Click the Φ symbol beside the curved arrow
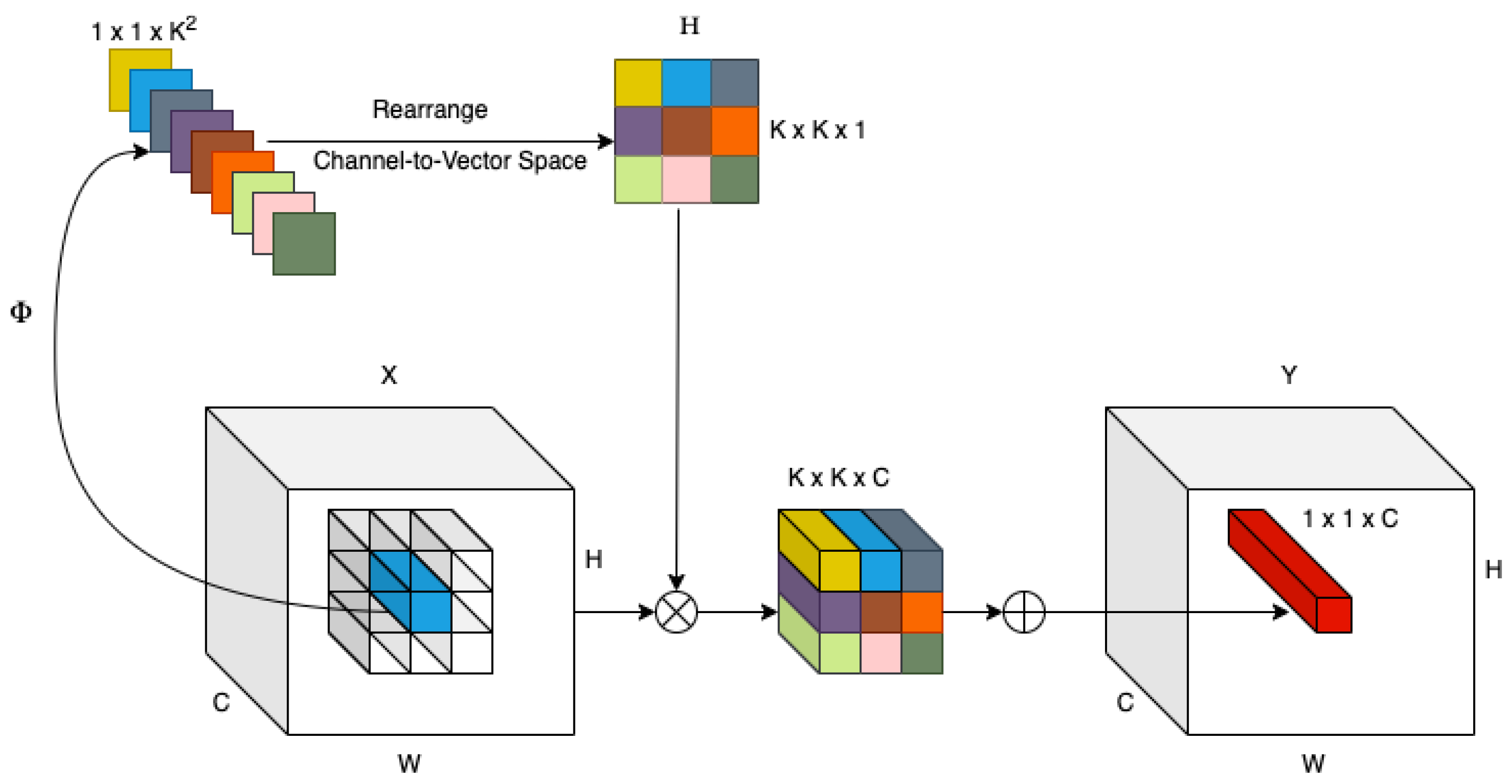coord(21,312)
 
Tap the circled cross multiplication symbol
coord(676,612)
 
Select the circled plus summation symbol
coord(1024,612)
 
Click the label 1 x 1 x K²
coord(144,30)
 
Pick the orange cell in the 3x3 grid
coord(734,131)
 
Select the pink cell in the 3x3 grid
coord(686,179)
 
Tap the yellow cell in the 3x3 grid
coord(638,83)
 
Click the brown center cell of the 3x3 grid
coord(686,131)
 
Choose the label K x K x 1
coord(817,130)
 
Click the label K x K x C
coord(838,477)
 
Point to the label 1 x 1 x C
coord(1350,519)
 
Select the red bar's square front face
coord(1334,615)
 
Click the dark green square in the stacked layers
coord(304,243)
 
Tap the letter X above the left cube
coord(389,375)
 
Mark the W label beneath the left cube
coord(408,764)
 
